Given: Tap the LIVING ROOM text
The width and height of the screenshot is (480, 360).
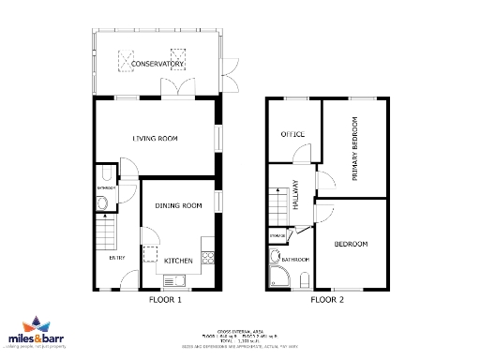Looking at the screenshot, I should [155, 139].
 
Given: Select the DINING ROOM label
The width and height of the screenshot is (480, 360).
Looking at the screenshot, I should [179, 205].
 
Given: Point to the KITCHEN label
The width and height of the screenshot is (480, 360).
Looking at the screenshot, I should [178, 260].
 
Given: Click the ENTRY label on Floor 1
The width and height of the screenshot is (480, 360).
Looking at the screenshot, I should [116, 258].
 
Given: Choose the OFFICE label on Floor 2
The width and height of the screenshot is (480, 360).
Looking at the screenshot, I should [293, 135].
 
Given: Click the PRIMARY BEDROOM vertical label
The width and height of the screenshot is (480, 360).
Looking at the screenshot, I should [355, 149].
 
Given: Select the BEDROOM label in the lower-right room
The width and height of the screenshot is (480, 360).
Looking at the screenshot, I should [351, 245].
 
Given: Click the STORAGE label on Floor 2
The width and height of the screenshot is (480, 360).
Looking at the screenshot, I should [277, 234].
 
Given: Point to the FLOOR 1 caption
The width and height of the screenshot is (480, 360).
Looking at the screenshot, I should [165, 301].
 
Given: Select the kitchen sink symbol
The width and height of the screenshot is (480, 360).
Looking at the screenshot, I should [174, 279].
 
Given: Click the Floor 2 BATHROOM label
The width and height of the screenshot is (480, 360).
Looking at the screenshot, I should [296, 259].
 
